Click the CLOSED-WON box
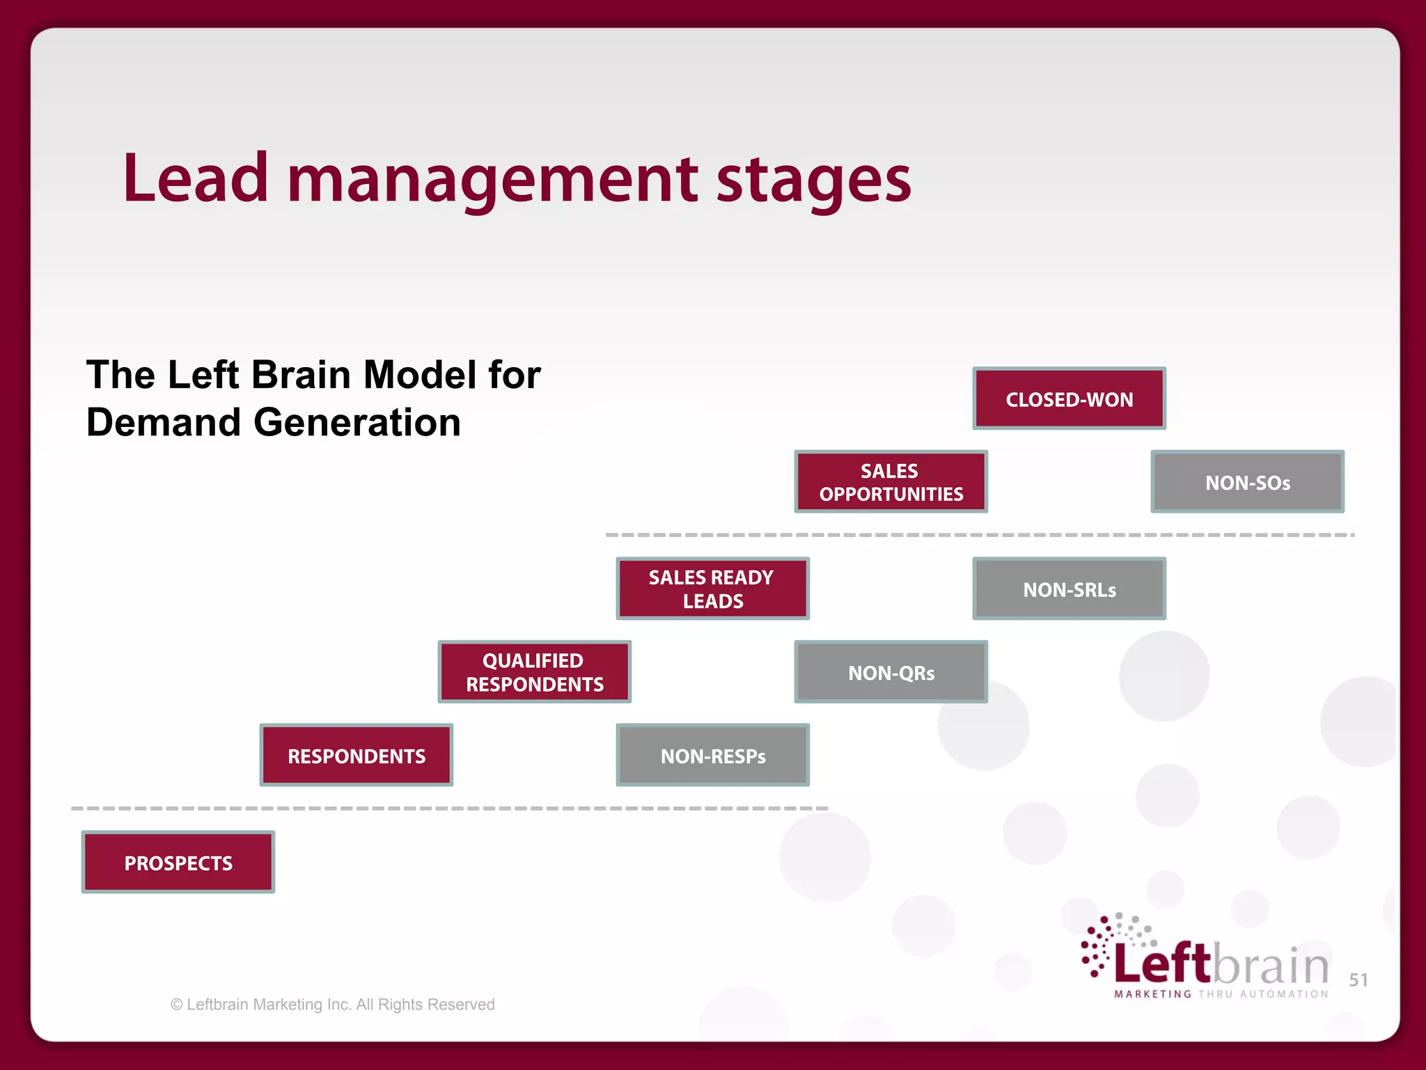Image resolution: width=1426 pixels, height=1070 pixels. (1069, 398)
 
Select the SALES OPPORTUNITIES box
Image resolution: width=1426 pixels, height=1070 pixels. (891, 482)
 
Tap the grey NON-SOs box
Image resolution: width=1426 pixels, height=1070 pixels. (1247, 482)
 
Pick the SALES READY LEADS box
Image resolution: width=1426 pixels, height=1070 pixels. (712, 589)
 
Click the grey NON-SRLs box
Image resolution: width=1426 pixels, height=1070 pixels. (1069, 589)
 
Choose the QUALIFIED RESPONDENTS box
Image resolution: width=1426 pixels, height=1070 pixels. (534, 672)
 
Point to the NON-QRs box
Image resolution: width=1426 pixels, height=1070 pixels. (891, 672)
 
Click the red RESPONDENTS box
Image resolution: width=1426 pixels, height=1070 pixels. (356, 755)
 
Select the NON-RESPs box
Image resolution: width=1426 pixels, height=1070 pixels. (712, 755)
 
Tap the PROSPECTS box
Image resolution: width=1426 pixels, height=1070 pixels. (178, 862)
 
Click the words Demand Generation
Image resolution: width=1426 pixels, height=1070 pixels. (273, 422)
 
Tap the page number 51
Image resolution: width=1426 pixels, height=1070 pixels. (1358, 980)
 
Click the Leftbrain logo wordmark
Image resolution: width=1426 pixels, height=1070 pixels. (1221, 964)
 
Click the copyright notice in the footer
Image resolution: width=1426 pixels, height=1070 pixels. (332, 1005)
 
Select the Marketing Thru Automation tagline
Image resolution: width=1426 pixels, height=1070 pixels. (1221, 994)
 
